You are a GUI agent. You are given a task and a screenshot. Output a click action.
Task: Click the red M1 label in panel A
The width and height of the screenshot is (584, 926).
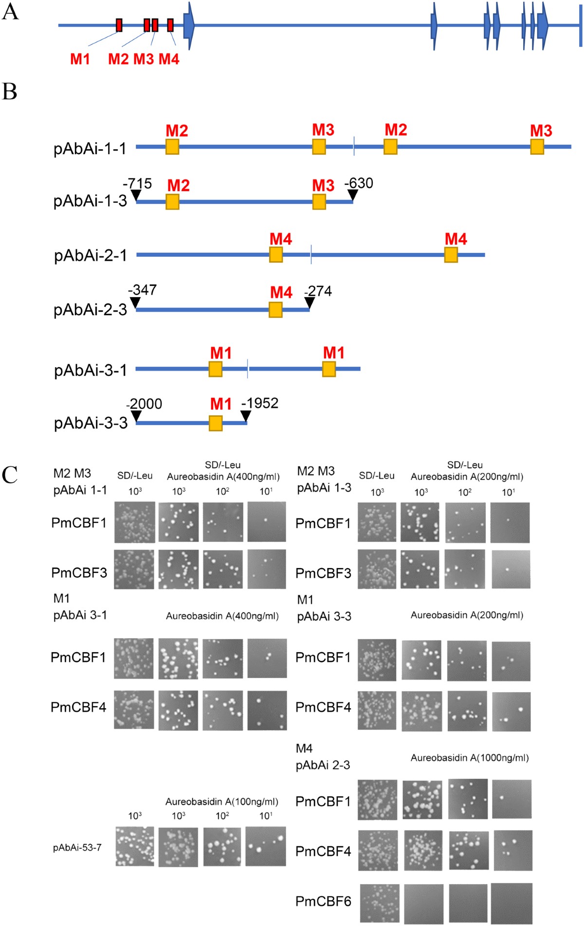coord(80,59)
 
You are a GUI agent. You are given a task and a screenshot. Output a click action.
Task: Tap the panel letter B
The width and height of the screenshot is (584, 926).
coord(10,92)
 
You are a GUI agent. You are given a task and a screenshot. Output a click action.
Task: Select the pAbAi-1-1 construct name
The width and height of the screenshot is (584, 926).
coord(90,148)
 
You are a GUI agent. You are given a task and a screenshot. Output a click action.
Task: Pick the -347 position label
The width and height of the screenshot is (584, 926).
coord(142,290)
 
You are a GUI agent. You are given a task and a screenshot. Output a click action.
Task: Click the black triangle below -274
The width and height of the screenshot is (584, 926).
coord(309,303)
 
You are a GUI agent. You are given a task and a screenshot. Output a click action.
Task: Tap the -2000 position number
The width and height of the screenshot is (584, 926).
coord(144,404)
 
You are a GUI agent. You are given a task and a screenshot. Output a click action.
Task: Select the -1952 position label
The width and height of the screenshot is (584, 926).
coord(260,403)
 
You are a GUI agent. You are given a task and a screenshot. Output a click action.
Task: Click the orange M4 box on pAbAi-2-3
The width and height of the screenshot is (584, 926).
coord(275,310)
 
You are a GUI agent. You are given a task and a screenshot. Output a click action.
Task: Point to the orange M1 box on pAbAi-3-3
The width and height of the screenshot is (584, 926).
coord(216,423)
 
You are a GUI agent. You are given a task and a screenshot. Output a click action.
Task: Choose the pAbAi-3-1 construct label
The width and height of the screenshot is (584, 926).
coord(91,371)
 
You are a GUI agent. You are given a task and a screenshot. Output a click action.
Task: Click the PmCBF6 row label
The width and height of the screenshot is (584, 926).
coord(323,901)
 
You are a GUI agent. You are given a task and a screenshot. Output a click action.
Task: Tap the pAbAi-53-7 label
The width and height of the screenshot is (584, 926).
coord(77,848)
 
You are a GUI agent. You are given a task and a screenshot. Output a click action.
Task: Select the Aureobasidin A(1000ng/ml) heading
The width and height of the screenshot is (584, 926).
coord(470,758)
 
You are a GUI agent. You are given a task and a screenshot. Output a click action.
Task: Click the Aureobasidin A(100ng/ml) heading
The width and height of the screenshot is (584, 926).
coord(222,801)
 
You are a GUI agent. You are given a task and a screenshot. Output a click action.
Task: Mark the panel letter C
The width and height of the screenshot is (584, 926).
coord(10,475)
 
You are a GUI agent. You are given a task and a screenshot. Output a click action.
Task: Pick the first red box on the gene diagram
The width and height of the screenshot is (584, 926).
coord(119,25)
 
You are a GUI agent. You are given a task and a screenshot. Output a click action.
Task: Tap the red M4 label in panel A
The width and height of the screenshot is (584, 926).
coord(169,59)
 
